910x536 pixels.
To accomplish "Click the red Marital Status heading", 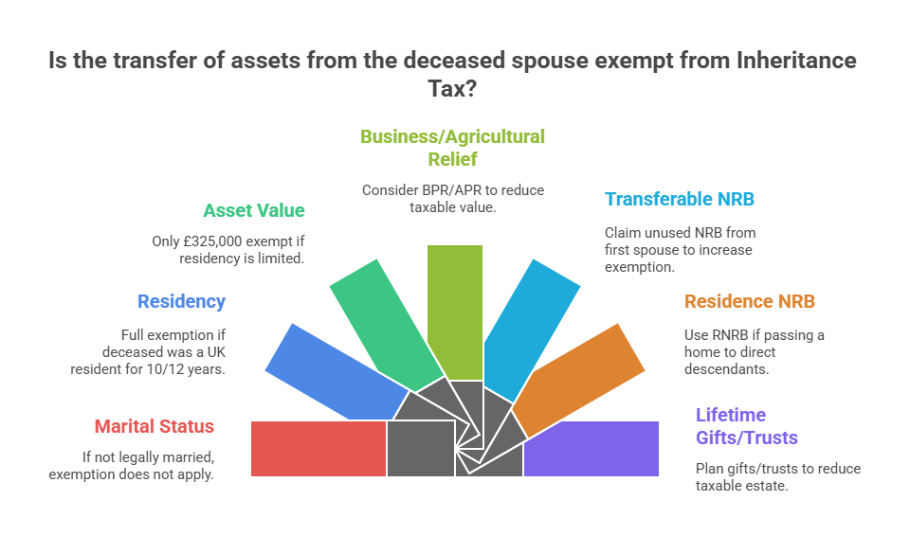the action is (x=155, y=426).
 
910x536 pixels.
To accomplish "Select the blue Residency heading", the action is (x=182, y=302).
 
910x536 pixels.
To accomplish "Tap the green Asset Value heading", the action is (x=254, y=210).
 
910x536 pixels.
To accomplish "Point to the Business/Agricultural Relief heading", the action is (x=453, y=148).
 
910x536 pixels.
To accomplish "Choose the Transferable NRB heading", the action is (x=680, y=199).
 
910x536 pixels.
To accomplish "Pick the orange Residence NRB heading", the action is (x=750, y=302).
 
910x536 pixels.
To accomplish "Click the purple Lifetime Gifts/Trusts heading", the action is (x=747, y=426).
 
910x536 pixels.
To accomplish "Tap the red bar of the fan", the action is (x=318, y=449).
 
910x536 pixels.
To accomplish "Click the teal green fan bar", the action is (x=386, y=326).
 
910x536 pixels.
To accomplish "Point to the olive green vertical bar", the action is (x=455, y=313).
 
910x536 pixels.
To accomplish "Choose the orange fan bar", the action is (x=578, y=380).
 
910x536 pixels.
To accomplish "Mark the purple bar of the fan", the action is (x=591, y=449).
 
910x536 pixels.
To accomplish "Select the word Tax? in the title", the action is (x=452, y=89).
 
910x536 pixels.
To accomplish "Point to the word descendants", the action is (x=726, y=369).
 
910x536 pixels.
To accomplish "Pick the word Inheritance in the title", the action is (x=796, y=61).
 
